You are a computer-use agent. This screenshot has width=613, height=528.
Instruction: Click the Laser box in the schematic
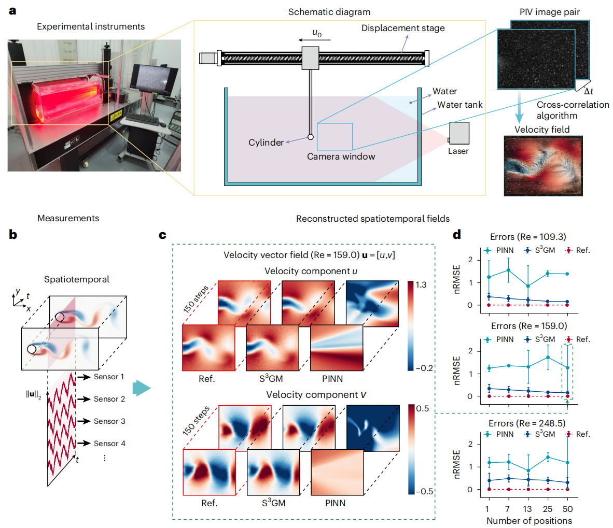(x=459, y=133)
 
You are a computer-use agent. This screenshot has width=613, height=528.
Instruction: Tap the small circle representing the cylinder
(x=311, y=137)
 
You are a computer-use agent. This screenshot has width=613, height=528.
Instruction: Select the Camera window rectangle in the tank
(x=335, y=137)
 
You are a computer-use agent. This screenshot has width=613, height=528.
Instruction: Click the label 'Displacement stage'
(x=403, y=28)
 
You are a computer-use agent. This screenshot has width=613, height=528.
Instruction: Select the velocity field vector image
(x=543, y=166)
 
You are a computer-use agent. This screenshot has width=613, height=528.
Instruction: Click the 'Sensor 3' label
(x=109, y=421)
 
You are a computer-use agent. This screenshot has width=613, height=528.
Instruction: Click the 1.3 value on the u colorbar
(x=421, y=284)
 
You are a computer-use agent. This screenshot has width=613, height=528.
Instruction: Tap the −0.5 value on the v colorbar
(x=424, y=491)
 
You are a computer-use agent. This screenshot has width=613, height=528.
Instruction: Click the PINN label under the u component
(x=332, y=379)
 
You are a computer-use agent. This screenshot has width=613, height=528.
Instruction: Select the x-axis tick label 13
(x=527, y=509)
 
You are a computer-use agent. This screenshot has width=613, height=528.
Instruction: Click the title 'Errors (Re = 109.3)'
(x=528, y=237)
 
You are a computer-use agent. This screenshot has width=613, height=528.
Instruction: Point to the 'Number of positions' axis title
(x=529, y=521)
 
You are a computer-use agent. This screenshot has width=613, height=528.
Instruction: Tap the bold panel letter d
(x=457, y=235)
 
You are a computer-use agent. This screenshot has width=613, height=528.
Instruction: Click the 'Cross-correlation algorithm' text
(x=573, y=110)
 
